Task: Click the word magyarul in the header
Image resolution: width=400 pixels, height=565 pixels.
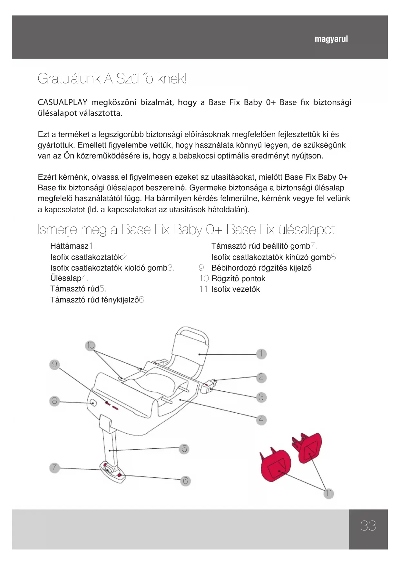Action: (331, 39)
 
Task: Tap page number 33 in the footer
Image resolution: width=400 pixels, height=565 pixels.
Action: (368, 526)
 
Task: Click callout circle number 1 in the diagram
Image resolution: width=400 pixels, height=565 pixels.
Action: (261, 354)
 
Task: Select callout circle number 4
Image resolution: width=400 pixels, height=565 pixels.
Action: (261, 420)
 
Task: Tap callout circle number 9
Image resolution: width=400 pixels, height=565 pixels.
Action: (54, 364)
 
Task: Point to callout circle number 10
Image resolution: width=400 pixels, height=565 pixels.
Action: (91, 346)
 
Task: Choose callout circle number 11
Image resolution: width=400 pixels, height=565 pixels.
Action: (328, 493)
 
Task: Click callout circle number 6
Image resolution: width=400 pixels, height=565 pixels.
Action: (185, 481)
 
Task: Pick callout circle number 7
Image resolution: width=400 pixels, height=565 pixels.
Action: (54, 467)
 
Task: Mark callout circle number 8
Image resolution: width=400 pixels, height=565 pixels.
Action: (54, 401)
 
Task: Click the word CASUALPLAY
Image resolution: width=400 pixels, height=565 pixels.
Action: (63, 103)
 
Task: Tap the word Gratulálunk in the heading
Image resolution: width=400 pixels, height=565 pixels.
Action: (69, 79)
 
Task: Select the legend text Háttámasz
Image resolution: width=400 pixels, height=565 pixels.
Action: (69, 246)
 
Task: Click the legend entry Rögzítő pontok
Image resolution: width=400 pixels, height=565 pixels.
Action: (238, 279)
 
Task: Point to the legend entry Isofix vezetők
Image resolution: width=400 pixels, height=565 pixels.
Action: (236, 289)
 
